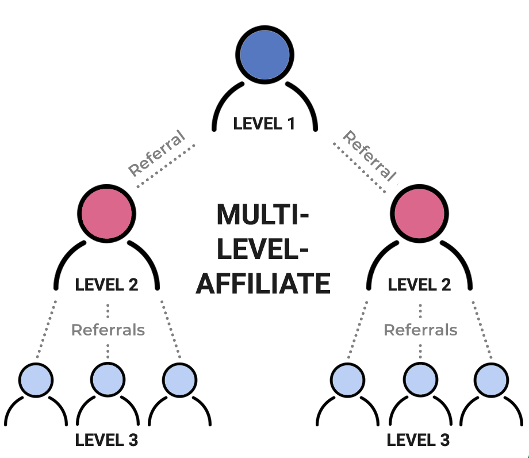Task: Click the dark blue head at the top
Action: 265,55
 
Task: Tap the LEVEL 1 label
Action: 264,124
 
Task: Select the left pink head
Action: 108,213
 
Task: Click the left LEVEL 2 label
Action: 107,284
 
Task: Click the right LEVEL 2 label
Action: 420,284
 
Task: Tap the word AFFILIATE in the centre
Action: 263,284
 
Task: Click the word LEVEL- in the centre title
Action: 263,250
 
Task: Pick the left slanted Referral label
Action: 157,154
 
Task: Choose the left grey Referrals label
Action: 108,330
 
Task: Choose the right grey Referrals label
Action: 420,330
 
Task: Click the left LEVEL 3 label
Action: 107,441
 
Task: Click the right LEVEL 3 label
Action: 419,441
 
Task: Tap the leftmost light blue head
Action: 36,379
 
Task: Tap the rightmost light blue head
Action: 492,379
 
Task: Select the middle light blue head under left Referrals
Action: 108,379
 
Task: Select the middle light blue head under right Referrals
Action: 420,379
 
